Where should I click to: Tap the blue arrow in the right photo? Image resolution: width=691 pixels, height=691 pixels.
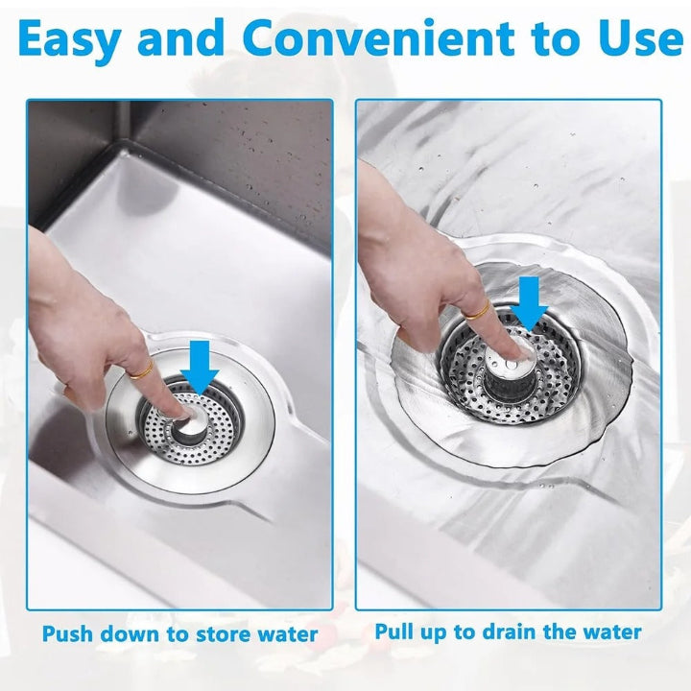[529, 302]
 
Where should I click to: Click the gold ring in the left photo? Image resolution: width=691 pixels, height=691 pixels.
[140, 367]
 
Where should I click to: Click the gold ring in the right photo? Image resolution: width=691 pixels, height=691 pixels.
[476, 310]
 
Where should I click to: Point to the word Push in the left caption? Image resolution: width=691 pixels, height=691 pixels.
[70, 634]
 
